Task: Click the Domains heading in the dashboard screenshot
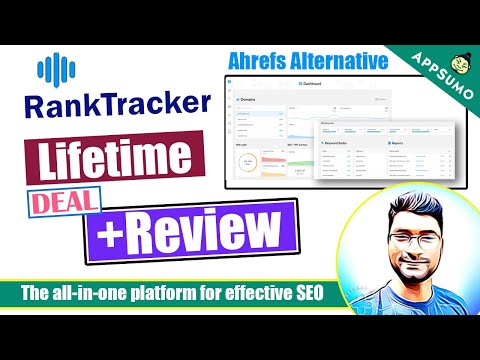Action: pos(249,100)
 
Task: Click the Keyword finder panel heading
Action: pos(338,143)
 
